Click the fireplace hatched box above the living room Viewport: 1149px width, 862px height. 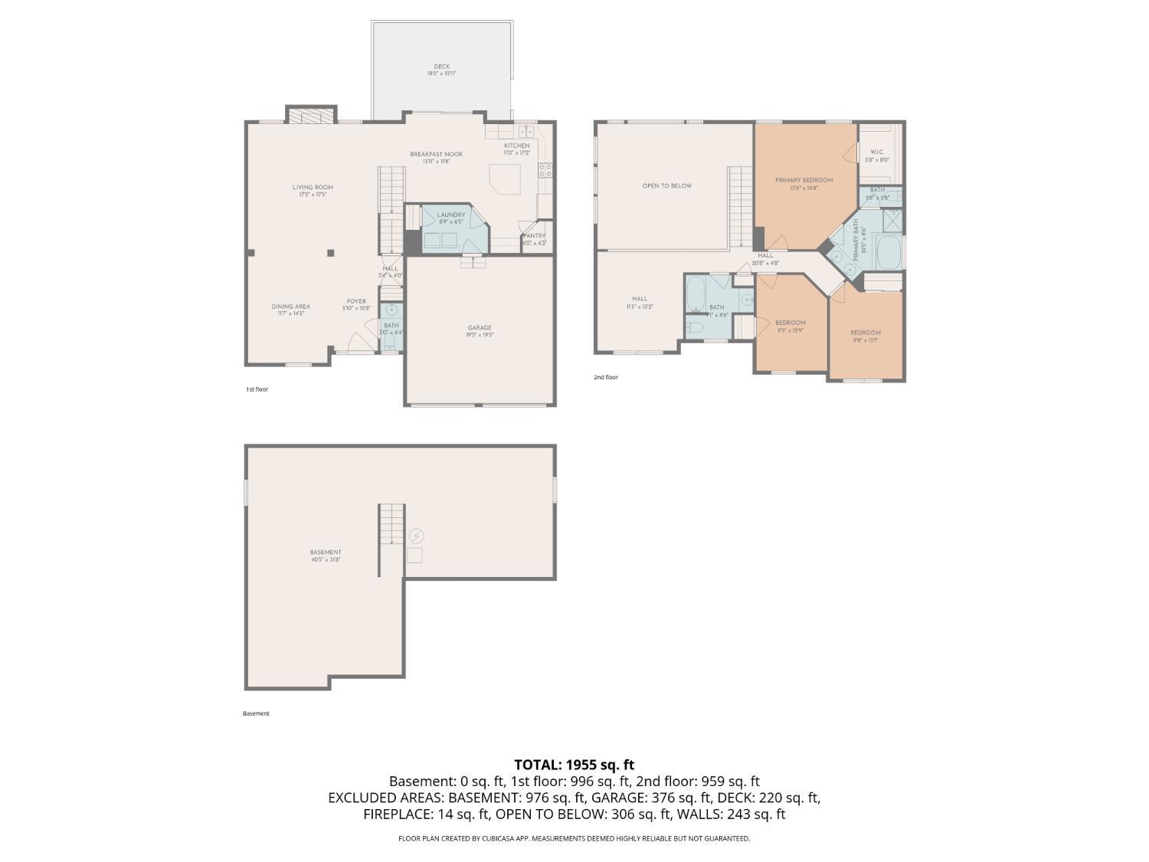(x=311, y=115)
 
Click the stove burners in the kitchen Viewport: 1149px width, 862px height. (x=545, y=170)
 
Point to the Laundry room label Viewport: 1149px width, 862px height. (x=451, y=215)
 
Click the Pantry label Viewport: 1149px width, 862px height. (x=535, y=236)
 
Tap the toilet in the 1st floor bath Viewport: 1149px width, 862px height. (x=391, y=342)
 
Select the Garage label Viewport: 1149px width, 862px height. (x=480, y=328)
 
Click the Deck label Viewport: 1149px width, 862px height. (x=441, y=67)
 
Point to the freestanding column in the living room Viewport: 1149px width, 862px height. (x=331, y=252)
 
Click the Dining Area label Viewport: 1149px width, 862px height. (x=290, y=306)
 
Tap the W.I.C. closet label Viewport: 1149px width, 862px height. (x=877, y=152)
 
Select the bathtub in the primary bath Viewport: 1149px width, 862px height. (x=889, y=253)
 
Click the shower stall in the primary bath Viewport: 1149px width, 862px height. (x=892, y=221)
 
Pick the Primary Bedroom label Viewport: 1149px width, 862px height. (x=804, y=181)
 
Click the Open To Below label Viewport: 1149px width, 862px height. (x=666, y=185)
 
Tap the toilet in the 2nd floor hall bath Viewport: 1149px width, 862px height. (x=696, y=329)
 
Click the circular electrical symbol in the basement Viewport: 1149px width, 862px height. (x=416, y=536)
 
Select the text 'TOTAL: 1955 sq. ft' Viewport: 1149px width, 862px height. (x=574, y=765)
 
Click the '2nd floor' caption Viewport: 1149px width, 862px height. (x=605, y=377)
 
